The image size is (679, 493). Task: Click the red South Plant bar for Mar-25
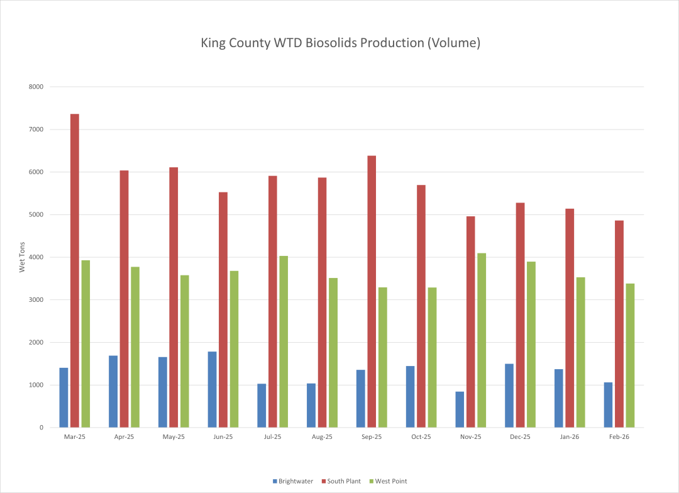75,270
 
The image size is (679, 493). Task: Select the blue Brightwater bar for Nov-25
460,409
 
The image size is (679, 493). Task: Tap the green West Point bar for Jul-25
284,341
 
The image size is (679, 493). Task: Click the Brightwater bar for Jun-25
212,389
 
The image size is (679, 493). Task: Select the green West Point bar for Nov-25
482,340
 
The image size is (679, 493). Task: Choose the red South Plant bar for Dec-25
520,315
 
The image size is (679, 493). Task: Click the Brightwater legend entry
292,481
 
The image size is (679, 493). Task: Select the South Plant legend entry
341,481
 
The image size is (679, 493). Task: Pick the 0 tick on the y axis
40,428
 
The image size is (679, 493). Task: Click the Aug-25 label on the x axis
322,437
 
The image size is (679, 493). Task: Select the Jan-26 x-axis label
570,437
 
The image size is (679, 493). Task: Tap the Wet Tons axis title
22,257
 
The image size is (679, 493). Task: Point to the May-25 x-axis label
174,437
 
